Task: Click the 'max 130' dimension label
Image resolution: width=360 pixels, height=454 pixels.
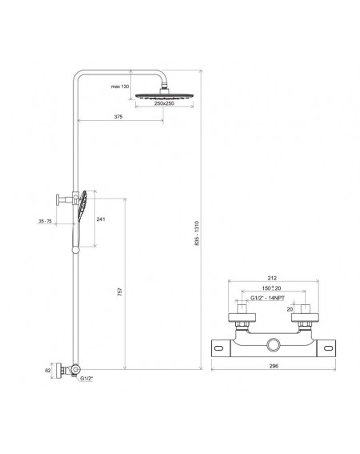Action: [x=120, y=86]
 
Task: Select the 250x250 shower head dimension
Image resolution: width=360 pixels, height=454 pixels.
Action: [x=164, y=103]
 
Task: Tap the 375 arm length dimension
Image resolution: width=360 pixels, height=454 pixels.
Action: [x=118, y=117]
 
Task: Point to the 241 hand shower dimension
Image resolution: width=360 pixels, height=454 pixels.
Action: [x=101, y=219]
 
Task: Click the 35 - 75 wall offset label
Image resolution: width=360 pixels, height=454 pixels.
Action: [x=45, y=221]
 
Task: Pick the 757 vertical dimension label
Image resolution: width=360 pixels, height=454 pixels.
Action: [x=120, y=291]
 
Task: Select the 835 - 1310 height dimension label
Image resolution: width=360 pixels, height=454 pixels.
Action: [x=197, y=233]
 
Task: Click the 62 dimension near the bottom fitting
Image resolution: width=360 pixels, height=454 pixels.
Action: [x=48, y=371]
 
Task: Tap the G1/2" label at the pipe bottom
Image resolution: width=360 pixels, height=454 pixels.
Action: [x=86, y=378]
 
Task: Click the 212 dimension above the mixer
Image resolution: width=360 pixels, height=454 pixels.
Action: [x=272, y=278]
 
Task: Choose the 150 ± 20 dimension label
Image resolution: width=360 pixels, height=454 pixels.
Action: [x=271, y=288]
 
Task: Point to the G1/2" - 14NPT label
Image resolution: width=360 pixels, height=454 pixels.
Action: [x=267, y=298]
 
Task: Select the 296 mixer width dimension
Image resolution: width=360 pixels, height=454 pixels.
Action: [x=274, y=366]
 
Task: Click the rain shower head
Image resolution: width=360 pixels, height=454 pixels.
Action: [x=164, y=96]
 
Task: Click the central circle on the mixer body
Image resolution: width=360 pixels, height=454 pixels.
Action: [x=273, y=345]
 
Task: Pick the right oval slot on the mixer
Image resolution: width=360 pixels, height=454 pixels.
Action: [x=327, y=348]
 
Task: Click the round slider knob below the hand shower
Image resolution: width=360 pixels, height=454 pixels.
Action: [x=75, y=250]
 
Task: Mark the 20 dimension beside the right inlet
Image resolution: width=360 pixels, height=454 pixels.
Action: [x=290, y=309]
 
